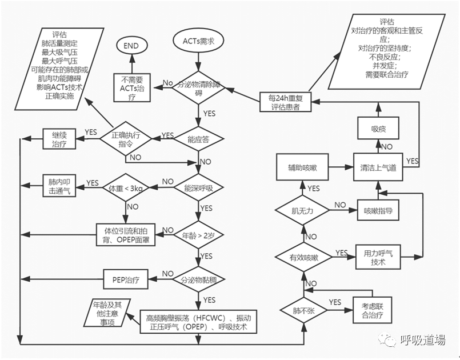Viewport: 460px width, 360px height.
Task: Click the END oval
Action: (x=131, y=45)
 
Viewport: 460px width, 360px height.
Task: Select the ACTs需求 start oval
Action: (x=199, y=41)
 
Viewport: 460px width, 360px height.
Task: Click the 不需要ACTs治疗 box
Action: (x=131, y=87)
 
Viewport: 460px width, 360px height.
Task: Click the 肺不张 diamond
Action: (x=302, y=311)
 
